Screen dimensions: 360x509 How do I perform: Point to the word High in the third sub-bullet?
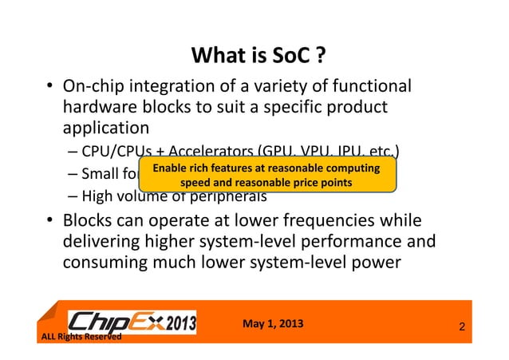tap(98, 197)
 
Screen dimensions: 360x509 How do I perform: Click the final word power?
tap(375, 263)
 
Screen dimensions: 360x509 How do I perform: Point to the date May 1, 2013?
tap(271, 323)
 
